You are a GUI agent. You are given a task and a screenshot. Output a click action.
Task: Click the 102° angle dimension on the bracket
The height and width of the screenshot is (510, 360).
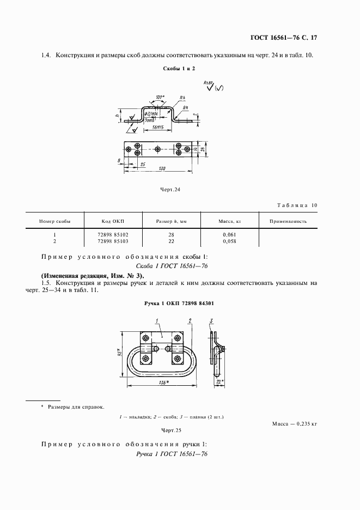click(x=159, y=98)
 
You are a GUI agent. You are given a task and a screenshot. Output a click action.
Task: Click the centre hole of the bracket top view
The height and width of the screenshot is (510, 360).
click(x=158, y=148)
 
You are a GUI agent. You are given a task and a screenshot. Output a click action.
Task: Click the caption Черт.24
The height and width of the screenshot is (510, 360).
click(x=170, y=190)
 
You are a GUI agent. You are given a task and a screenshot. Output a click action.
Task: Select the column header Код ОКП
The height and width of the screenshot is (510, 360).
click(x=113, y=221)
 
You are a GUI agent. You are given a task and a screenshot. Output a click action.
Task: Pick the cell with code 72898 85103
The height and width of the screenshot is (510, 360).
click(x=113, y=240)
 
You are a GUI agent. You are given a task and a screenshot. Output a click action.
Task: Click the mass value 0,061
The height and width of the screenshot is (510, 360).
click(x=229, y=234)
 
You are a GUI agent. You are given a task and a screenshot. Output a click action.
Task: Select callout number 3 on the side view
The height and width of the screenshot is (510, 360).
click(x=211, y=320)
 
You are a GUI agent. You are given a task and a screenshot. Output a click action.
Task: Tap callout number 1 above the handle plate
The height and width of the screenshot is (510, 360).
click(x=156, y=320)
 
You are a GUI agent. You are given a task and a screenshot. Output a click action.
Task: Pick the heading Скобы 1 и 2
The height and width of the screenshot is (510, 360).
click(x=179, y=69)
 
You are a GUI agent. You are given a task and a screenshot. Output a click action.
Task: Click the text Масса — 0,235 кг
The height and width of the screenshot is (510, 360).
click(x=294, y=423)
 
